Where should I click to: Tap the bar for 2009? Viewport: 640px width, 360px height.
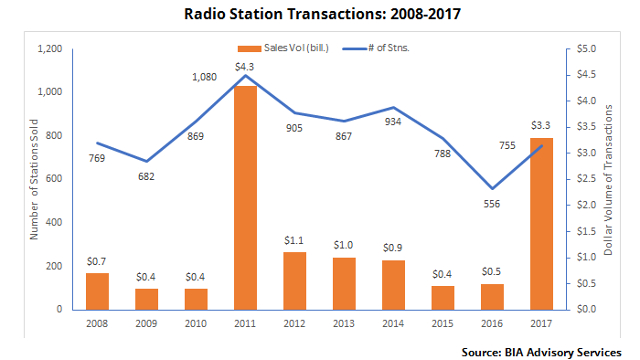coord(147,298)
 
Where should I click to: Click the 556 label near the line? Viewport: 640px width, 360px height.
coord(491,204)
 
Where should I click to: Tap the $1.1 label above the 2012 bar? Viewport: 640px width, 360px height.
coord(294,240)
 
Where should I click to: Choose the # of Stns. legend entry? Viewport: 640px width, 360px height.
coord(383,47)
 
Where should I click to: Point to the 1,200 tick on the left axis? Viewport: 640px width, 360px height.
coord(49,49)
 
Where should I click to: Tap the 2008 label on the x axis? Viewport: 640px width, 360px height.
coord(98,322)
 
